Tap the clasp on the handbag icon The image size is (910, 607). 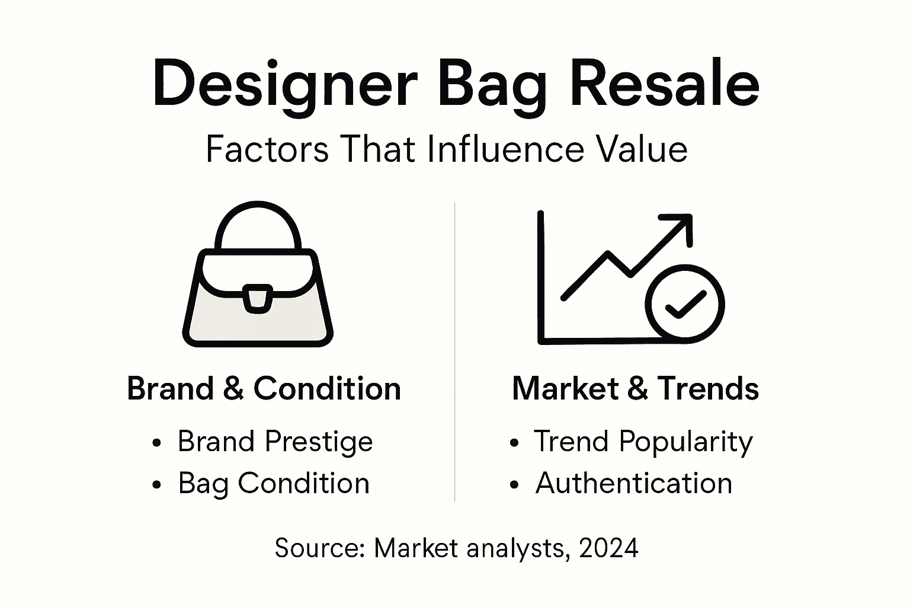[x=258, y=297]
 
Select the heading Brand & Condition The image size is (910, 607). [x=264, y=389]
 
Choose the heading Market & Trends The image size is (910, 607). [x=635, y=389]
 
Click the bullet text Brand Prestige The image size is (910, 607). [x=275, y=442]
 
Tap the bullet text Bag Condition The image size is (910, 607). [x=274, y=483]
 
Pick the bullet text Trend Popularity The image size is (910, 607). [x=643, y=442]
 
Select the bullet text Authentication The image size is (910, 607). [x=633, y=483]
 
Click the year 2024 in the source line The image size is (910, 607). [x=609, y=548]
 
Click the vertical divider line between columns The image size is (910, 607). [x=454, y=356]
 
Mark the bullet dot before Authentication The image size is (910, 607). [x=514, y=484]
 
